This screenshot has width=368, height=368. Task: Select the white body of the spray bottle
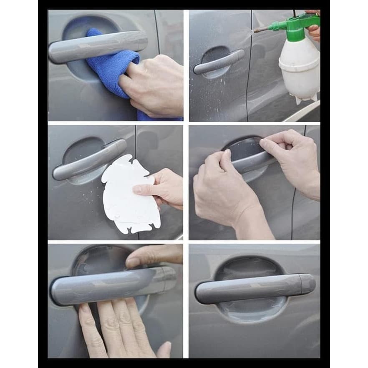pos(300,67)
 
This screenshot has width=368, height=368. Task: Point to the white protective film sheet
pos(127,196)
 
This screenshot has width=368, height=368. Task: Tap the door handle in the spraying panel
pos(219,62)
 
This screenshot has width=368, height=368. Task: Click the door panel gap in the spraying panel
pos(249,67)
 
